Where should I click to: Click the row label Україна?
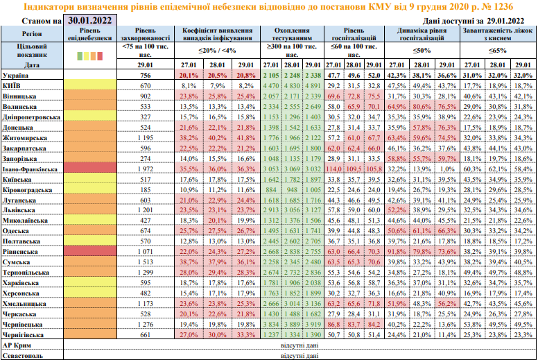pos(17,74)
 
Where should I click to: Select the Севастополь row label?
pos(23,354)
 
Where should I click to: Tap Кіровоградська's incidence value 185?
pos(145,189)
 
